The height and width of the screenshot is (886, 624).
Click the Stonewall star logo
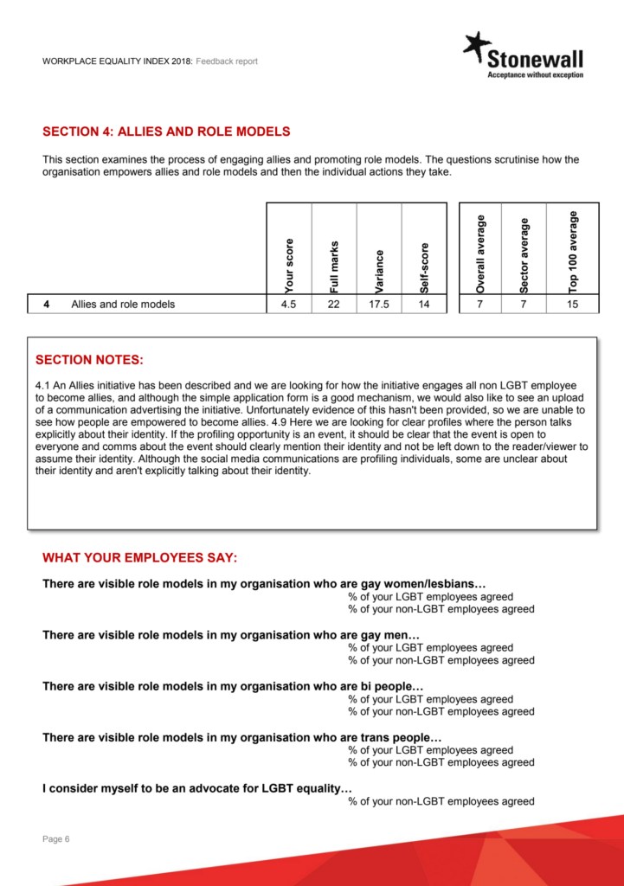476,47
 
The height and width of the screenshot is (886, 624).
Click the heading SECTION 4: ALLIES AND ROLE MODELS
166,132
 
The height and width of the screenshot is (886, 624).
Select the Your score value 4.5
289,305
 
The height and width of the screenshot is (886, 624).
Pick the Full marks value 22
334,305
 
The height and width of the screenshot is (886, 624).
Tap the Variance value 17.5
379,305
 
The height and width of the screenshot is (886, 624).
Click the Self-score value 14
424,305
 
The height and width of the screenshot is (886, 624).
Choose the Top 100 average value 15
573,305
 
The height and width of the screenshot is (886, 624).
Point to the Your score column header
289,265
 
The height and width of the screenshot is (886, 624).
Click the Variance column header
379,270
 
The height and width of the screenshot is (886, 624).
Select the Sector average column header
524,256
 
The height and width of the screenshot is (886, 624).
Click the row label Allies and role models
123,305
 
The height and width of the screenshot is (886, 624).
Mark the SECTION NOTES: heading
89,360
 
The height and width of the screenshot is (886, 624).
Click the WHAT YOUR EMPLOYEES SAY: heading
139,557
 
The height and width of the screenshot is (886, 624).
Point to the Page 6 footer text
56,838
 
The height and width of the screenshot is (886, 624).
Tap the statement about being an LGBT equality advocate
197,789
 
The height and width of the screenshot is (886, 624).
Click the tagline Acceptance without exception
535,75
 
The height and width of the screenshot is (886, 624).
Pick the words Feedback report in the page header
226,61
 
